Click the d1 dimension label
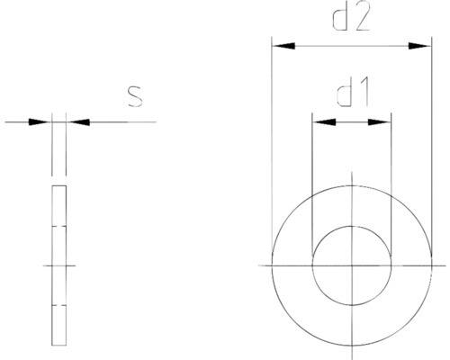pos(351,93)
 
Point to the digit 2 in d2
pos(362,21)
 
